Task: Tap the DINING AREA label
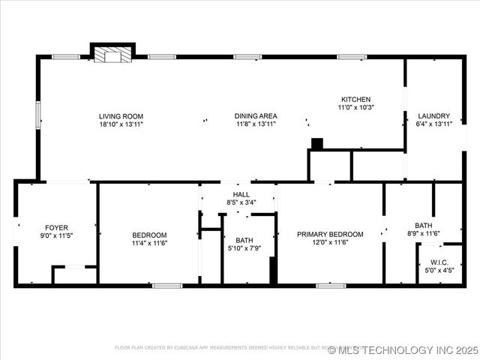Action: coord(256,115)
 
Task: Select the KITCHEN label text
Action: coord(355,99)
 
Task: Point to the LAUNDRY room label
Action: coord(433,115)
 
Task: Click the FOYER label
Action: coord(56,226)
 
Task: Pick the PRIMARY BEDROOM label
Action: coord(330,234)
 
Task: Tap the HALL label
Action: coord(240,193)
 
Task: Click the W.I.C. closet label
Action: coord(439,262)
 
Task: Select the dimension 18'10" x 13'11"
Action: coord(121,124)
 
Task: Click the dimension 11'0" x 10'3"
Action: coord(355,107)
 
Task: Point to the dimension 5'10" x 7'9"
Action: coord(244,248)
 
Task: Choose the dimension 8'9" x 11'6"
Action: coord(424,233)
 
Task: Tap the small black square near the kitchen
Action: coord(316,143)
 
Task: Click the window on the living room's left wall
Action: coord(38,115)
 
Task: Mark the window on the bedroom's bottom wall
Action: coord(167,285)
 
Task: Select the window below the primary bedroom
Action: coord(330,285)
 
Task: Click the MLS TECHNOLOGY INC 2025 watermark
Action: coord(402,350)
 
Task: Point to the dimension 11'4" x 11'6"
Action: coord(149,242)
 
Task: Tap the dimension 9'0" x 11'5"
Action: coord(56,235)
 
